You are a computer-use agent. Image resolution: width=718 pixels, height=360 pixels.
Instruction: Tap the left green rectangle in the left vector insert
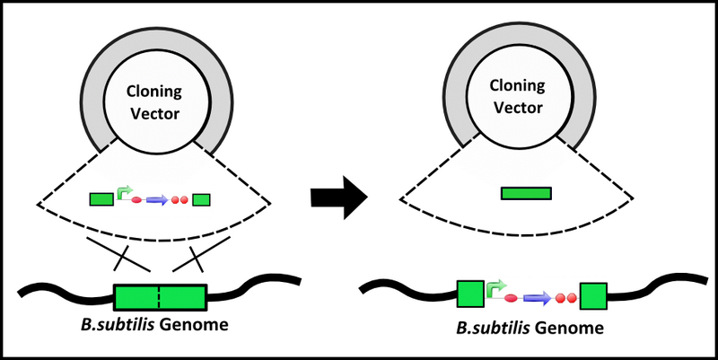coord(101,198)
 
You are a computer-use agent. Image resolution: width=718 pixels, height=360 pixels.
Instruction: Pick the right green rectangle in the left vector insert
coord(201,199)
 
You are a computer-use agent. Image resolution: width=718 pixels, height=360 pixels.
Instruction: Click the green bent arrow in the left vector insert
coord(125,192)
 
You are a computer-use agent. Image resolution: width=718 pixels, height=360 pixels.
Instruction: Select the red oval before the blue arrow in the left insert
coord(136,200)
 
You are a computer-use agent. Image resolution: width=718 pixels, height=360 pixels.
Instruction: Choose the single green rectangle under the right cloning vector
coord(526,192)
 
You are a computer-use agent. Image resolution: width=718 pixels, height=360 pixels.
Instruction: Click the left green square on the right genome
coord(470,295)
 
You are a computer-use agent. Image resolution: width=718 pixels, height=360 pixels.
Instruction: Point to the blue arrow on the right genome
coord(537,297)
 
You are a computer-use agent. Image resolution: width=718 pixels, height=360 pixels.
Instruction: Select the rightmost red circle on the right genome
coord(570,297)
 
